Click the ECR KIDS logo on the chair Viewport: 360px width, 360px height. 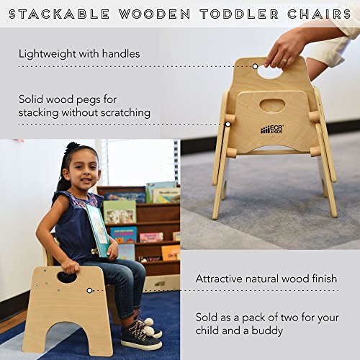pyautogui.click(x=271, y=129)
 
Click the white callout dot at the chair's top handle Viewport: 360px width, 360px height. pyautogui.click(x=256, y=66)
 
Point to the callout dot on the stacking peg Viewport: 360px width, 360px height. pyautogui.click(x=228, y=124)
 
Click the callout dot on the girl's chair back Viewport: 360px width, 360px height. pyautogui.click(x=89, y=290)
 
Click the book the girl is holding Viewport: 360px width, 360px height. pyautogui.click(x=99, y=229)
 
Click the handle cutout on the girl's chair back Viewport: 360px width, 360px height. pyautogui.click(x=67, y=276)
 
